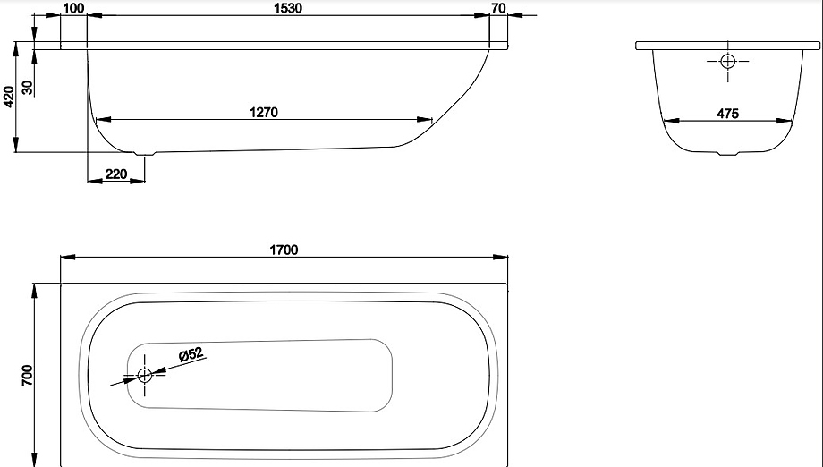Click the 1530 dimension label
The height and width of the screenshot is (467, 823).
pyautogui.click(x=288, y=8)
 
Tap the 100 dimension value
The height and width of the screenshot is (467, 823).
pyautogui.click(x=73, y=8)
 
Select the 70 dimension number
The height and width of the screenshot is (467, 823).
pyautogui.click(x=498, y=8)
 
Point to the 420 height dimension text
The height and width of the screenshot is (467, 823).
pyautogui.click(x=9, y=98)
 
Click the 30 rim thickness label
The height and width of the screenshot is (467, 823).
pyautogui.click(x=28, y=87)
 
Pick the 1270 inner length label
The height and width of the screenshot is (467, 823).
pyautogui.click(x=264, y=113)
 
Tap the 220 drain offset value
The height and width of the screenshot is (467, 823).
pyautogui.click(x=116, y=174)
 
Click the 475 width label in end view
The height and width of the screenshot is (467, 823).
pyautogui.click(x=728, y=114)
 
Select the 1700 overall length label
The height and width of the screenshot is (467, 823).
pyautogui.click(x=284, y=250)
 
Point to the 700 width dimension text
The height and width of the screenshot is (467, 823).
pyautogui.click(x=27, y=376)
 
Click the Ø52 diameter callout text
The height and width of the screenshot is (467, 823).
pyautogui.click(x=191, y=354)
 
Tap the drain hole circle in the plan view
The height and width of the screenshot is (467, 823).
pyautogui.click(x=144, y=375)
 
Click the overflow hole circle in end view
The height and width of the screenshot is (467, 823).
pyautogui.click(x=728, y=62)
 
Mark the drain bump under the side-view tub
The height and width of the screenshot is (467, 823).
pyautogui.click(x=144, y=154)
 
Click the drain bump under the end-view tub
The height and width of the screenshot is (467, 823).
pyautogui.click(x=728, y=154)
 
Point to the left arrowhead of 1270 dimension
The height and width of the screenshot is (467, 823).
pyautogui.click(x=104, y=120)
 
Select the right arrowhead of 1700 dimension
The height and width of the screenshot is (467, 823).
pyautogui.click(x=501, y=257)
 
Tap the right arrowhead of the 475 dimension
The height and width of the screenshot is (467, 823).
pyautogui.click(x=785, y=121)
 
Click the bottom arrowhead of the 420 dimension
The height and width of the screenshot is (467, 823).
pyautogui.click(x=16, y=145)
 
